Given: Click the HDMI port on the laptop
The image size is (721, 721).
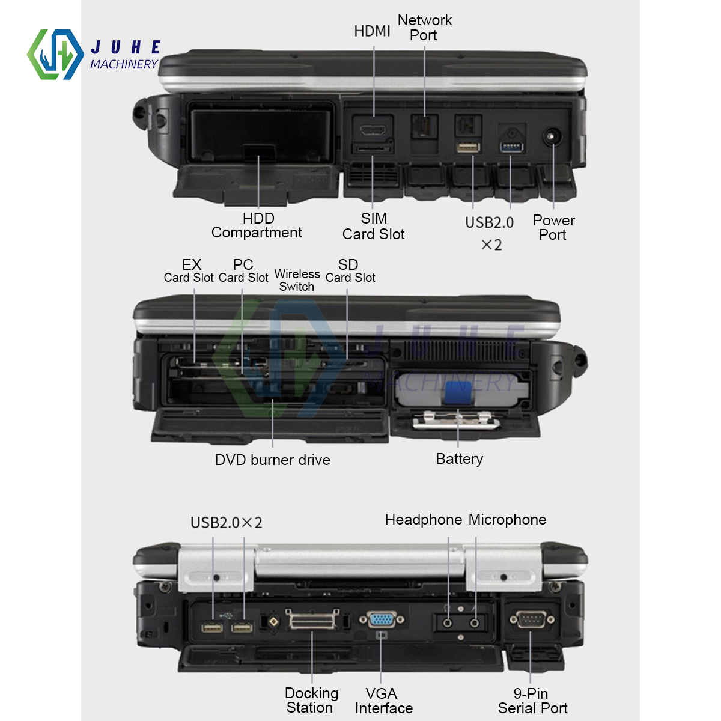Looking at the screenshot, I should click(373, 129).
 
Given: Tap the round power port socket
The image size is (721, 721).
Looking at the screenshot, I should click(551, 136).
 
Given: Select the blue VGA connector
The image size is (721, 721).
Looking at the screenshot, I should click(381, 619).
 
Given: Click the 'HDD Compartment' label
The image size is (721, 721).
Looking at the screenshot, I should click(257, 226).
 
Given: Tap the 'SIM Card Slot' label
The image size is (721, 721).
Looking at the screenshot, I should click(374, 227).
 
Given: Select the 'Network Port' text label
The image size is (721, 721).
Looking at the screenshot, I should click(424, 28).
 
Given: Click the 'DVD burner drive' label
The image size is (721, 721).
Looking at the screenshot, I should click(273, 460).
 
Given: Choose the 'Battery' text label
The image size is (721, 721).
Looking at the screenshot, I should click(460, 459).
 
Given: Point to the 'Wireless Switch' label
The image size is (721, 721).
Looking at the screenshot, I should click(297, 281).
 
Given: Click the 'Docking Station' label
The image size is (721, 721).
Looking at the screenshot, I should click(311, 701).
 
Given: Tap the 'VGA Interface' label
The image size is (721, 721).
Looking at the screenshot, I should click(383, 701).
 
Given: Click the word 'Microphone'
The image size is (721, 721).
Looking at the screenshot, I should click(508, 520).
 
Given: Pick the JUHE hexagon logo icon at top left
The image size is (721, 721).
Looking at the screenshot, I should click(55, 55).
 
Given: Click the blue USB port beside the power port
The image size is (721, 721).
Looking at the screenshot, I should click(511, 147).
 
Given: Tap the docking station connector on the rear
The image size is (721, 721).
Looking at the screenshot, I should click(312, 621).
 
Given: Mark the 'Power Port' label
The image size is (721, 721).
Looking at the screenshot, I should click(553, 228).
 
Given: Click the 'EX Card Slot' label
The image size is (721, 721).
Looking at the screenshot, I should click(189, 271).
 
